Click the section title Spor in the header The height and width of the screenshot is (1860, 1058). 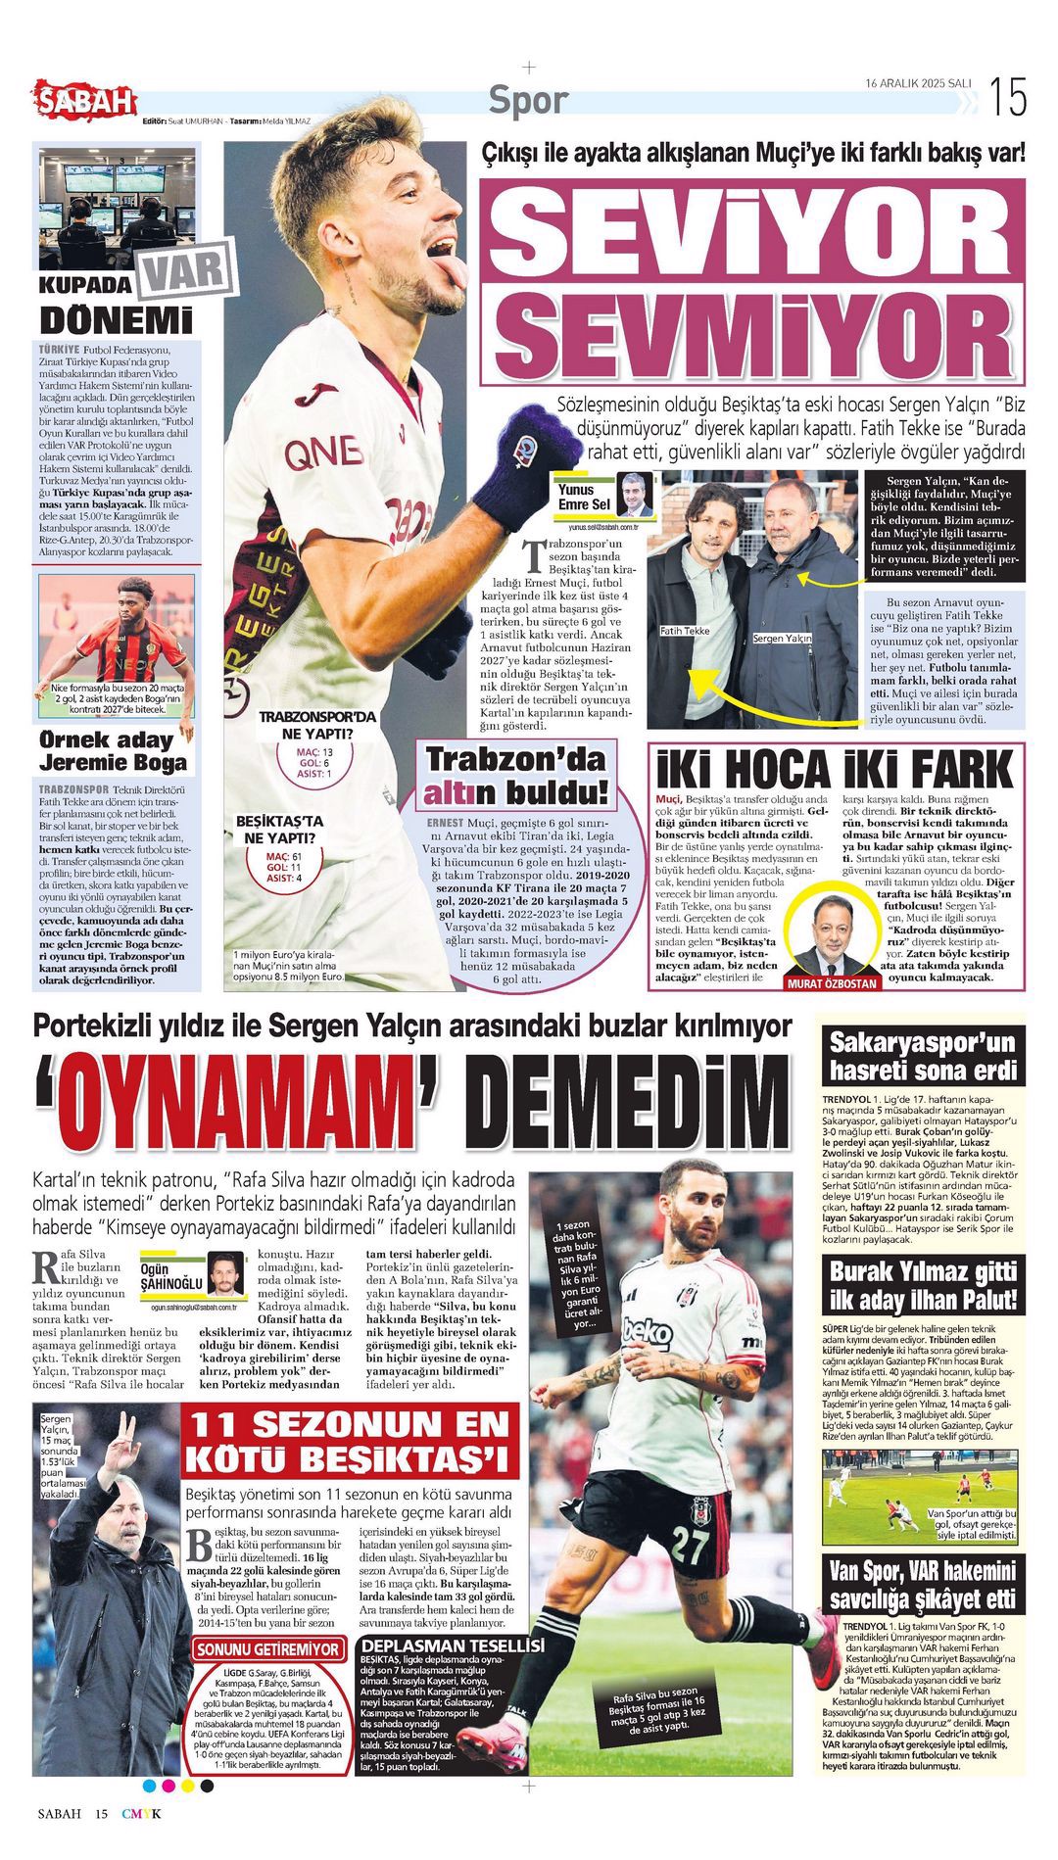(x=528, y=99)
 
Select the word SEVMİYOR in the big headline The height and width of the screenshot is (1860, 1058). (x=751, y=331)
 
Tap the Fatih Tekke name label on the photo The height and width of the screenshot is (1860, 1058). (x=685, y=631)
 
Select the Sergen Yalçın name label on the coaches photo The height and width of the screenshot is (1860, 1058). (x=783, y=639)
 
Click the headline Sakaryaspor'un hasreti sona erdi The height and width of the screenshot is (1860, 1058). (x=923, y=1055)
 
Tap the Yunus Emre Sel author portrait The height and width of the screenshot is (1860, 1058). (x=634, y=495)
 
